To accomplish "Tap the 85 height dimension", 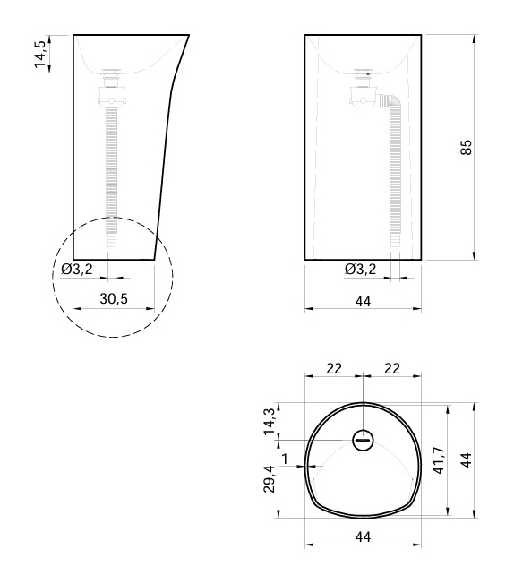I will (466, 147).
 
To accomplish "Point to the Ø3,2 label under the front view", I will (360, 269).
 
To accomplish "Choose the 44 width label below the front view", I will (363, 301).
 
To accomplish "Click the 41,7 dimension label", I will (437, 461).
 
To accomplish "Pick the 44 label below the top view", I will (363, 536).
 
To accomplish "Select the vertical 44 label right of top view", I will (467, 460).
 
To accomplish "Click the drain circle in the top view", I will (363, 440).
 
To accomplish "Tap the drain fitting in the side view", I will (112, 88).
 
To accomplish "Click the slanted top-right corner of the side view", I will (188, 36).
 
